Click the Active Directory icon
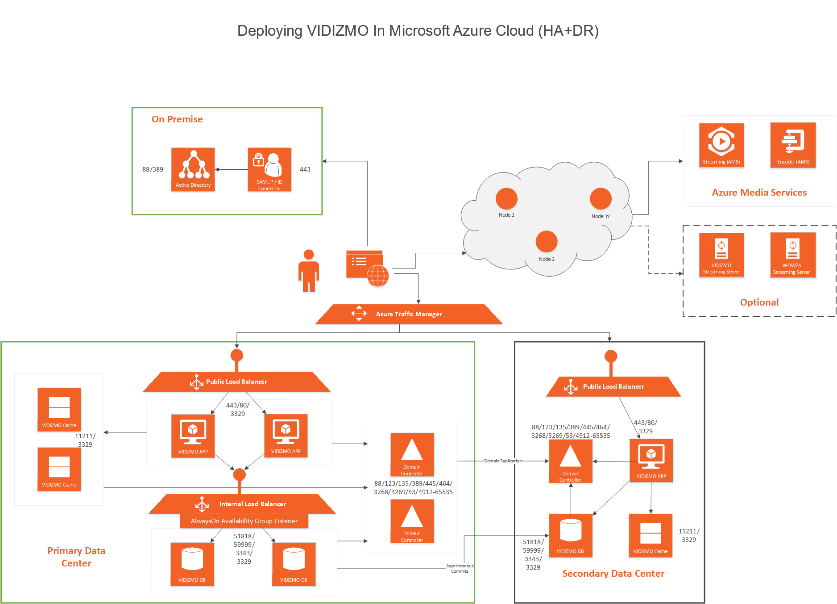(x=193, y=169)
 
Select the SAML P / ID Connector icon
(x=269, y=169)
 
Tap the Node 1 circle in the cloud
(x=506, y=198)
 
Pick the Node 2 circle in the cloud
(x=547, y=242)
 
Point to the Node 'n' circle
(x=601, y=198)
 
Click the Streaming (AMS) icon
(x=721, y=145)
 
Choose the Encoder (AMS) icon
(x=793, y=145)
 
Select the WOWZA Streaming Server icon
(x=793, y=255)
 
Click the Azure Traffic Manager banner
(x=409, y=314)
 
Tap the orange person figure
(x=308, y=271)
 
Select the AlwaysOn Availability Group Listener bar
(x=244, y=521)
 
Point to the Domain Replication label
(x=503, y=461)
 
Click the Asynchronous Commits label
(x=460, y=568)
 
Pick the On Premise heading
(x=177, y=119)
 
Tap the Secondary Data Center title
(x=613, y=574)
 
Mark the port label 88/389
(x=153, y=169)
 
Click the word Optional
(x=759, y=302)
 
